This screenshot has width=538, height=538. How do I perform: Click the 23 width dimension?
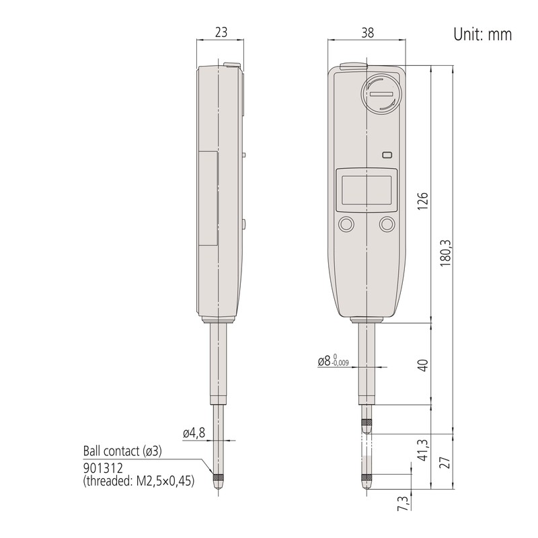pyautogui.click(x=221, y=32)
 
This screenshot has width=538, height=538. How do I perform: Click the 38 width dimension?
pyautogui.click(x=367, y=32)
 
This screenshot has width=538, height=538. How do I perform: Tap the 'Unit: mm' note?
pyautogui.click(x=482, y=34)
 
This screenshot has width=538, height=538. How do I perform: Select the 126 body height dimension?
pyautogui.click(x=424, y=201)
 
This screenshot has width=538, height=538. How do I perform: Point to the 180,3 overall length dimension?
pyautogui.click(x=446, y=254)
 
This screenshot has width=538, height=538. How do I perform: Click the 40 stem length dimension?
pyautogui.click(x=424, y=365)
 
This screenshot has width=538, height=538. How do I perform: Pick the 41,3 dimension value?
pyautogui.click(x=424, y=450)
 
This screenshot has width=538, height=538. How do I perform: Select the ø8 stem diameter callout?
pyautogui.click(x=333, y=360)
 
